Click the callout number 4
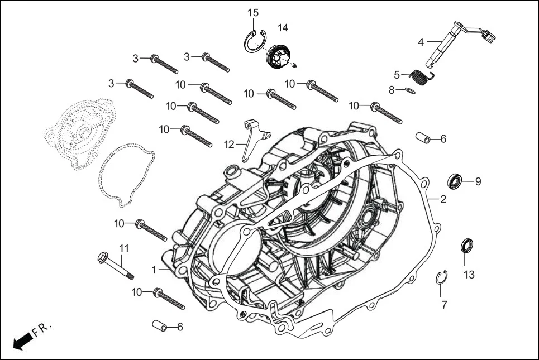421,41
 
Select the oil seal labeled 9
456,181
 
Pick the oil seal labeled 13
466,245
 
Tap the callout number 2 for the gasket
443,199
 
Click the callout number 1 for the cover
154,270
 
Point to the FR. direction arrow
23,340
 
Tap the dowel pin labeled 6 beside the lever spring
423,137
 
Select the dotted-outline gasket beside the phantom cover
125,170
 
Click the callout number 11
123,247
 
